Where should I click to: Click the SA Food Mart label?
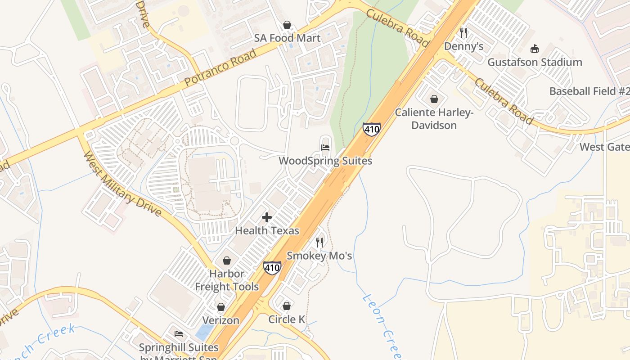(x=287, y=38)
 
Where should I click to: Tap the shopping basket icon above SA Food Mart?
(x=287, y=25)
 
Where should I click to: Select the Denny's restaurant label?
(x=463, y=46)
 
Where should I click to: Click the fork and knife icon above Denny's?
(x=463, y=33)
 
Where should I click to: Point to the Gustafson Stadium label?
(x=535, y=62)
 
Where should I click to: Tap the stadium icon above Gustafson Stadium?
(x=535, y=49)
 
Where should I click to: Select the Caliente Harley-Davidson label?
(x=434, y=119)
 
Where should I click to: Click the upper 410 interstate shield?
(x=372, y=130)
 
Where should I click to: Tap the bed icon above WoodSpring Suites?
(x=325, y=147)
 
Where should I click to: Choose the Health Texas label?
(x=267, y=231)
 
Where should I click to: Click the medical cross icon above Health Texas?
(x=267, y=218)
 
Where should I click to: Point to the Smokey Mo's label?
(x=319, y=256)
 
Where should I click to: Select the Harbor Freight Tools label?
(x=227, y=280)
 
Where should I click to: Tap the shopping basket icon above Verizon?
(x=221, y=307)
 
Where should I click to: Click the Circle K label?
(x=287, y=319)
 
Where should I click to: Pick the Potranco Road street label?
(x=220, y=68)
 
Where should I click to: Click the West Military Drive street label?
(x=122, y=184)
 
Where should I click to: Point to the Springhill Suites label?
(x=179, y=348)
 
